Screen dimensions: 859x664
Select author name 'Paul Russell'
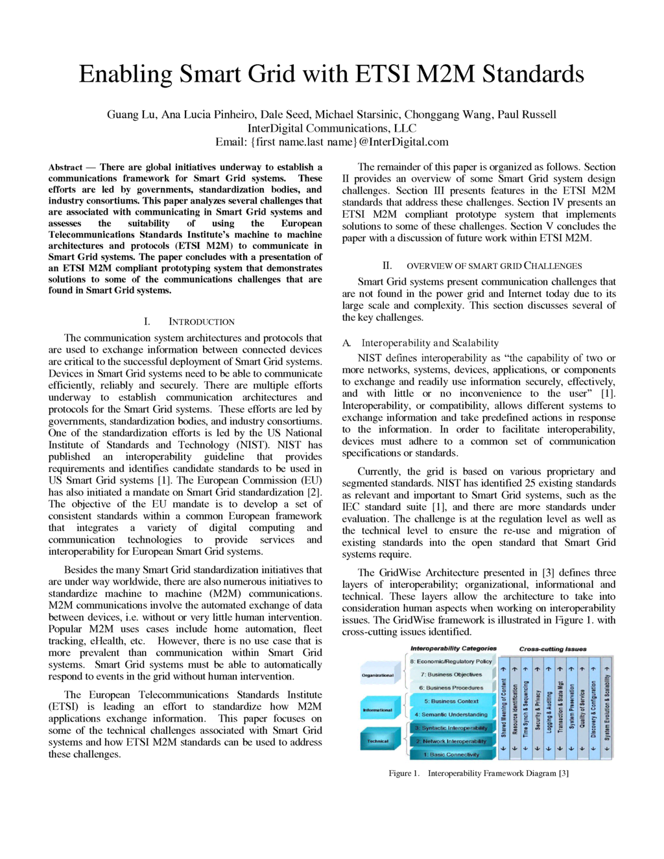[527, 115]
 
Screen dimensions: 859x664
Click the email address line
[332, 142]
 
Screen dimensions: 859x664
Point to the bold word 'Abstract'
[65, 167]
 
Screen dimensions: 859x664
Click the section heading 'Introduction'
[201, 322]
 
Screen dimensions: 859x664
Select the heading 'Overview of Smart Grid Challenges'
[493, 266]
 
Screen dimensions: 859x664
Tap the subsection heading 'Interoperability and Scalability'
[430, 343]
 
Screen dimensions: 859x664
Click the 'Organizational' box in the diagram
[378, 675]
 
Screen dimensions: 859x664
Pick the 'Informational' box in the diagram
[378, 710]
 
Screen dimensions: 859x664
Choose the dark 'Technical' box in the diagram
[378, 740]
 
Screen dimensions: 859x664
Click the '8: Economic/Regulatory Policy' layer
[451, 661]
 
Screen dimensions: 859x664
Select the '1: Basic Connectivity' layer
[451, 754]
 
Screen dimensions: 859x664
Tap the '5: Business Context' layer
[451, 701]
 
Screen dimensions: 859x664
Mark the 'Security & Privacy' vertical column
[538, 707]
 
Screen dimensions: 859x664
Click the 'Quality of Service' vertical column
[583, 707]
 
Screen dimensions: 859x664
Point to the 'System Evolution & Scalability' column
[606, 707]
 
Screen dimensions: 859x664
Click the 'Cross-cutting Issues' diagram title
[552, 649]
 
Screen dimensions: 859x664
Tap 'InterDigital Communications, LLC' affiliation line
[332, 128]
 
